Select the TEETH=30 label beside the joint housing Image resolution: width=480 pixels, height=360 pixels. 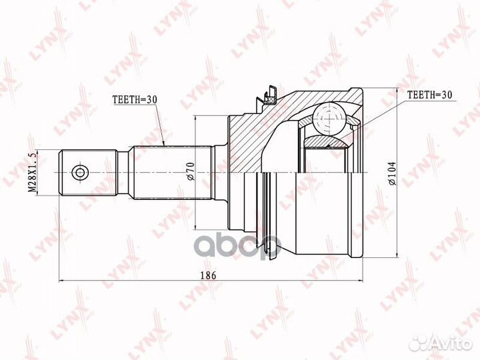point(429,95)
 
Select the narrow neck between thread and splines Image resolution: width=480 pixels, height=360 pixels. point(124,173)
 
